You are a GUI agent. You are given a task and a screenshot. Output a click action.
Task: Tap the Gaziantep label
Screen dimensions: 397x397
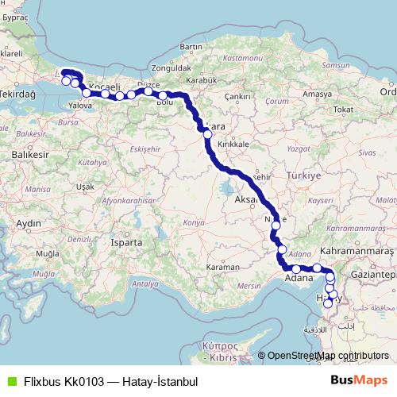377,274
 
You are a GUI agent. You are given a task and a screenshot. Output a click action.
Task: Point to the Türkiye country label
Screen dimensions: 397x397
303,175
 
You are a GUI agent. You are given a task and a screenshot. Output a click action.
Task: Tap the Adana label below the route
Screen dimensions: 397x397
299,279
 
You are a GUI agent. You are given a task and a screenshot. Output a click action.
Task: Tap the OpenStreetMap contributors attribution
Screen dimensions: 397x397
327,356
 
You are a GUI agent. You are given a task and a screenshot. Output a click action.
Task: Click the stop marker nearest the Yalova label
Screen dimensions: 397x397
86,93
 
